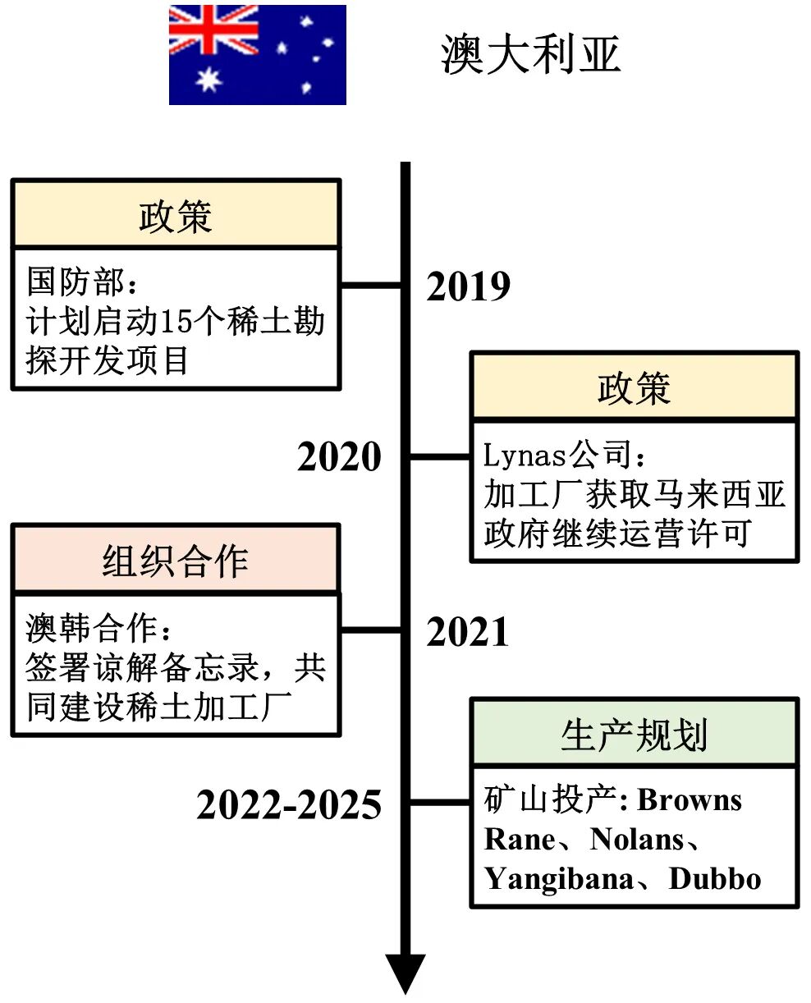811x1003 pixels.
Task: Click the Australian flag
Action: click(257, 55)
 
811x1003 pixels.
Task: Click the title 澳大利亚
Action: click(529, 55)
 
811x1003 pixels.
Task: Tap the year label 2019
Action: click(468, 286)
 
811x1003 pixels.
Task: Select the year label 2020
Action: click(339, 457)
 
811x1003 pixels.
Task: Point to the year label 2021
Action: click(468, 632)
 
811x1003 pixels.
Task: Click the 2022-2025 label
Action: click(289, 805)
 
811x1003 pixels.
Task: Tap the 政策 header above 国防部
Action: click(176, 215)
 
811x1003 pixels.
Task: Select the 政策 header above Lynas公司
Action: click(634, 387)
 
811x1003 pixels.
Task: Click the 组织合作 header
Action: click(176, 561)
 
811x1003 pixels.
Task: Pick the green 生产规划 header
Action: click(634, 734)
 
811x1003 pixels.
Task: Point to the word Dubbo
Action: click(715, 879)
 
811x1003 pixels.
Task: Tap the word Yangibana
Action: click(558, 879)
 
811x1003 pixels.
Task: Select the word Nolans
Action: click(637, 840)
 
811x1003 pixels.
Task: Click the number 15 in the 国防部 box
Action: click(175, 322)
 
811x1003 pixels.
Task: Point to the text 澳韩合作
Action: click(90, 629)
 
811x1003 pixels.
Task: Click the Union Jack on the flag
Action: click(213, 30)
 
